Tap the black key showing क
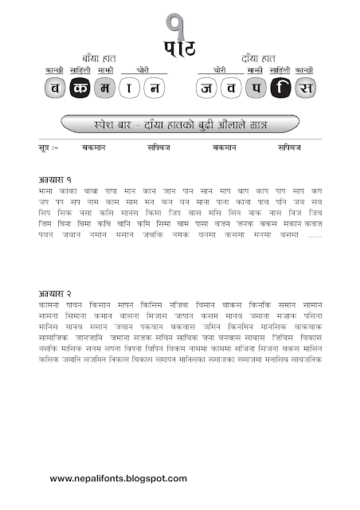coord(81,88)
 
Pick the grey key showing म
coord(106,88)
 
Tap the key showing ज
coord(207,88)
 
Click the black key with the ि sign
coord(280,88)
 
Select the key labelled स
coord(304,88)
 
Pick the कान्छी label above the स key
coord(304,71)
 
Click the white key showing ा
coord(130,88)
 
